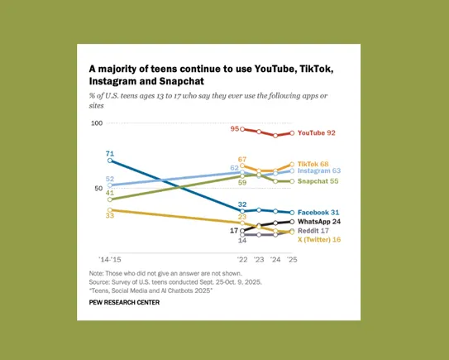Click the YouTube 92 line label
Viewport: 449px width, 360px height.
point(318,132)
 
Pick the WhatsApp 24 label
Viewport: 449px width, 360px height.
point(320,222)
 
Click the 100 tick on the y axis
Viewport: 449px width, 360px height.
point(96,123)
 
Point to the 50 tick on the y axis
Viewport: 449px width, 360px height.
point(98,189)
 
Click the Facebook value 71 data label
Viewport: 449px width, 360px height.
point(110,153)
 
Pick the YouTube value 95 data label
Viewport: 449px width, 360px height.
point(235,129)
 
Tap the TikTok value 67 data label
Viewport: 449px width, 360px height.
point(242,159)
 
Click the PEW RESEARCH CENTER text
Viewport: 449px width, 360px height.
point(124,303)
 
